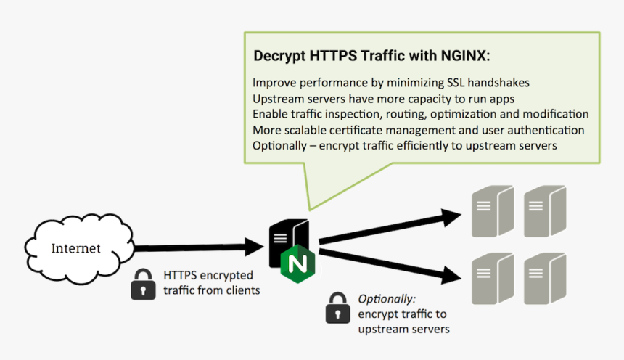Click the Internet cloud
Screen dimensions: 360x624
[x=76, y=247]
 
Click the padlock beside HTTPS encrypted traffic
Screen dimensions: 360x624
[x=143, y=284]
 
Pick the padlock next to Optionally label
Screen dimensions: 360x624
[x=337, y=308]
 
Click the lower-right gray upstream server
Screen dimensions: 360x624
[x=543, y=279]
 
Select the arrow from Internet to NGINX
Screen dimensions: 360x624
[x=196, y=247]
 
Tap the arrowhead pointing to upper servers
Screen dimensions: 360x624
[x=450, y=216]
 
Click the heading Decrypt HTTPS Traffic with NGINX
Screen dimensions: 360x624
[x=371, y=56]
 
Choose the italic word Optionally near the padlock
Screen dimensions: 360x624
[x=387, y=299]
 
